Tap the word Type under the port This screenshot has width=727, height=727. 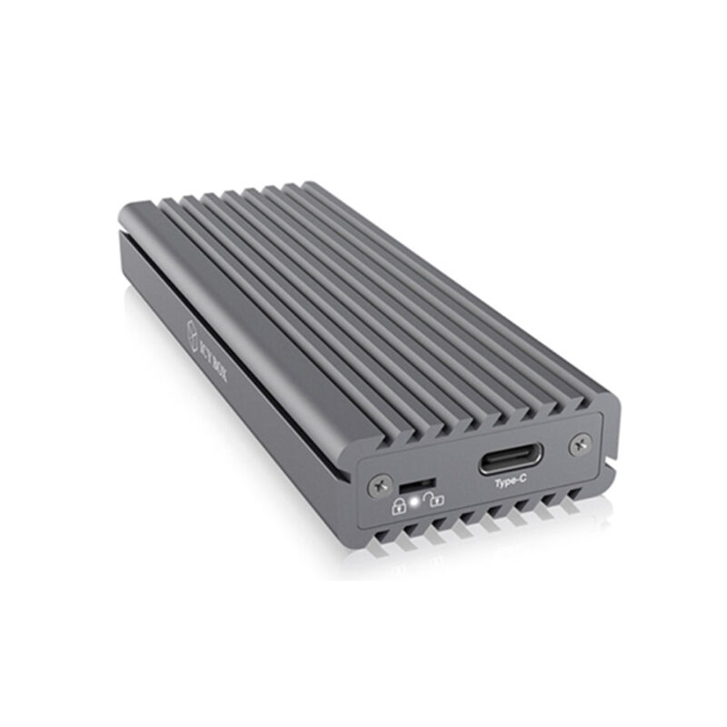pyautogui.click(x=502, y=484)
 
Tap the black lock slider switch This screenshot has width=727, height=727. pyautogui.click(x=415, y=481)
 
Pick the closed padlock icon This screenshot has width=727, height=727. pyautogui.click(x=398, y=505)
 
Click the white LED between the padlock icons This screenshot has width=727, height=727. pyautogui.click(x=417, y=501)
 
